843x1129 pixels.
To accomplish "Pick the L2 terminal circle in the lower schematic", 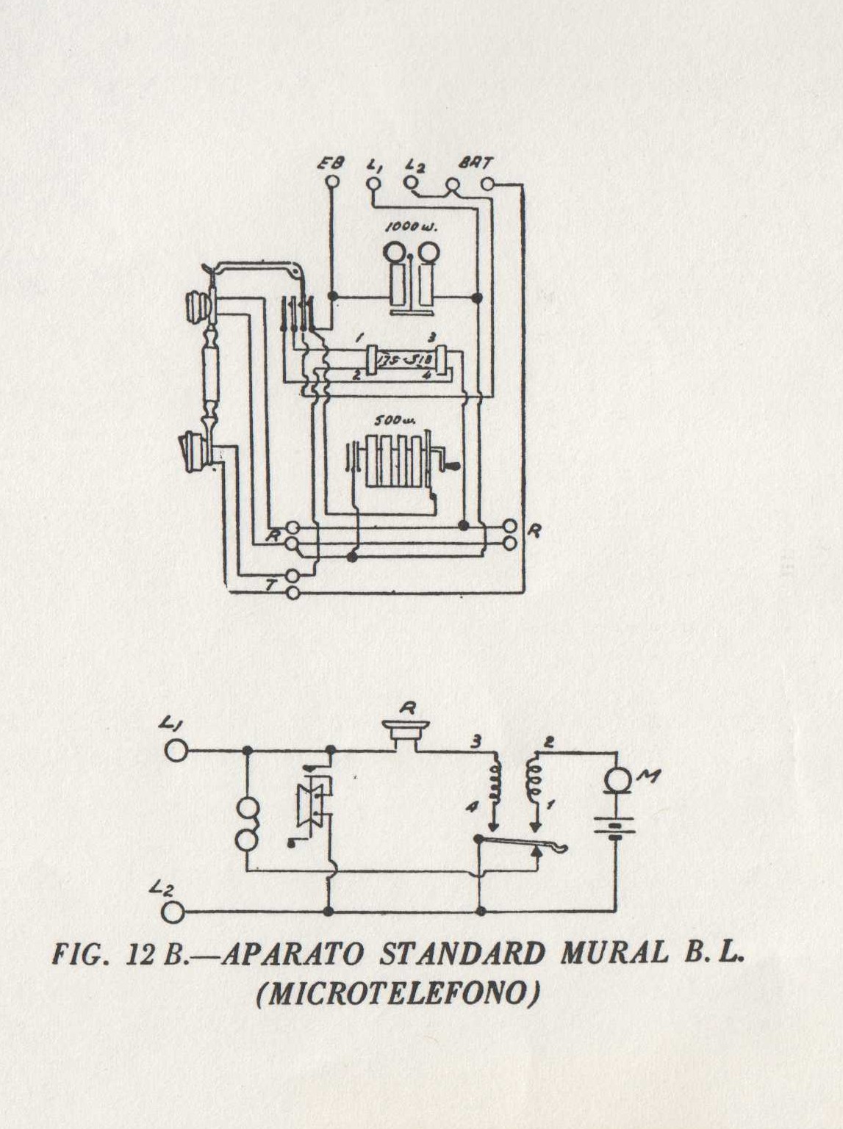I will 174,912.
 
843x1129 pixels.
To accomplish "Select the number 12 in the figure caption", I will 143,954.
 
